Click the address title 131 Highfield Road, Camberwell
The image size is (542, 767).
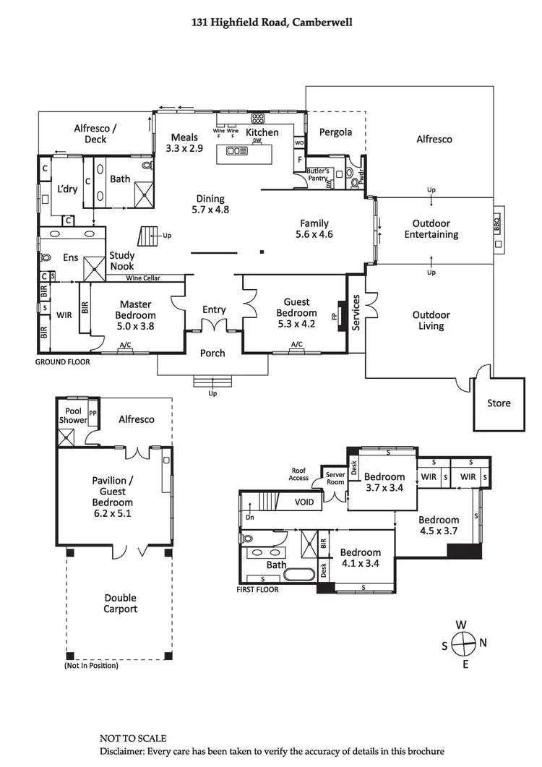click(271, 22)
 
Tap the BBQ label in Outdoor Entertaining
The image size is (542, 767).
click(497, 225)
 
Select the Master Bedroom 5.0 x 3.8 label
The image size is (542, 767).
click(135, 315)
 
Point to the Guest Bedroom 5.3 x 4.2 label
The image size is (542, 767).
click(296, 313)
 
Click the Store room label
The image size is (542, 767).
click(499, 403)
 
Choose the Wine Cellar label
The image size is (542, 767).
click(143, 278)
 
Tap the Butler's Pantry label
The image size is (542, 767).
click(318, 174)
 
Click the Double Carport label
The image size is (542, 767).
click(119, 604)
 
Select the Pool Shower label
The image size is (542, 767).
click(73, 416)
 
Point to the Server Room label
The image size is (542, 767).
click(335, 479)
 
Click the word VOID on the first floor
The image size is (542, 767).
click(305, 502)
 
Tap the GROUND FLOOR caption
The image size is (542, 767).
click(63, 361)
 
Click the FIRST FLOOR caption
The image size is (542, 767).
click(257, 589)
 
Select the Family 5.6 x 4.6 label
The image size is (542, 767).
click(314, 228)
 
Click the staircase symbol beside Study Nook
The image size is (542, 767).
click(150, 236)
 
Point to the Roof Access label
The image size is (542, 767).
click(298, 474)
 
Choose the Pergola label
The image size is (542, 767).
click(335, 132)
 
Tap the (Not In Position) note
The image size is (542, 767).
click(91, 665)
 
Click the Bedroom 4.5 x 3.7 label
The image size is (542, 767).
click(439, 526)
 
